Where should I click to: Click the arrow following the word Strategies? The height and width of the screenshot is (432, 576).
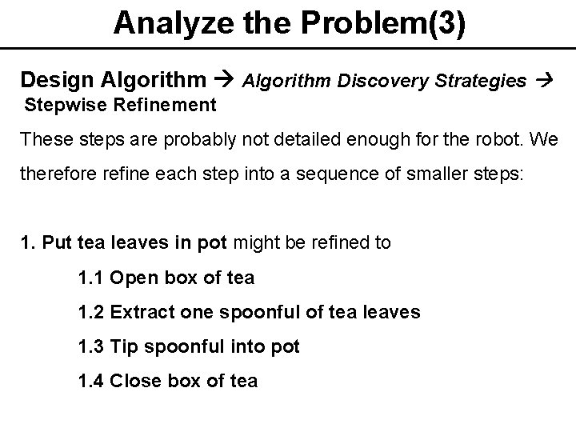[545, 80]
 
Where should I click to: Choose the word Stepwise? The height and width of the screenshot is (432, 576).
[58, 105]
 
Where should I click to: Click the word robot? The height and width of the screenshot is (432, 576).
[497, 139]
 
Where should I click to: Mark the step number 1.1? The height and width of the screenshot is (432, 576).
[90, 278]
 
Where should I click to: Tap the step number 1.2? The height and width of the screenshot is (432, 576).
[90, 312]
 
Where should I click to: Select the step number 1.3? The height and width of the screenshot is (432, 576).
[90, 346]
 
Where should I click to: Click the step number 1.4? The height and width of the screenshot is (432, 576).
[90, 381]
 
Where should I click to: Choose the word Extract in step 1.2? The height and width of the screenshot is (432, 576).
[140, 312]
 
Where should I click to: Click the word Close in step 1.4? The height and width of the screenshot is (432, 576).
[136, 381]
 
